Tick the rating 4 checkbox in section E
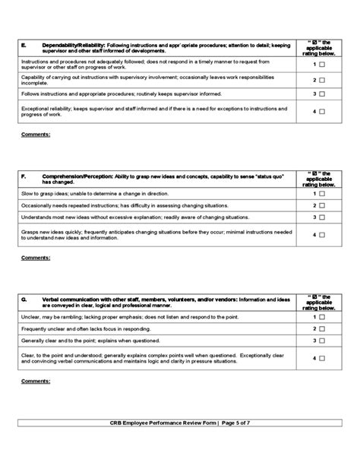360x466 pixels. tap(322, 113)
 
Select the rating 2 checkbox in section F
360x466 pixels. tap(322, 205)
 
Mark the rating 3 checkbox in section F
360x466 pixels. tap(322, 217)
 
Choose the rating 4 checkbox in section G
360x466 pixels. tap(322, 358)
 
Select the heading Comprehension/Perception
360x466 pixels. tap(75, 176)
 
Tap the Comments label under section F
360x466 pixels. tap(36, 257)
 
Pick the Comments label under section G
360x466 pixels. tap(36, 380)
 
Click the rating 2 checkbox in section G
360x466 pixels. tap(322, 328)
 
